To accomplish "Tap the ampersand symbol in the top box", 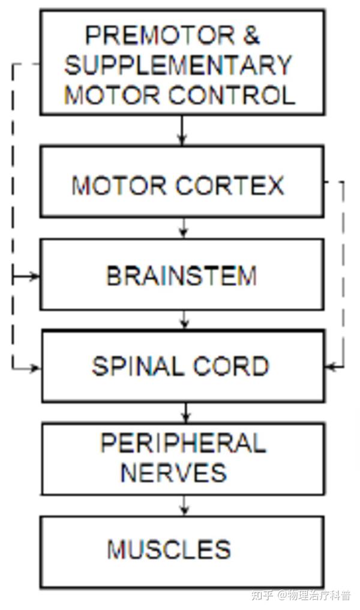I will [253, 36].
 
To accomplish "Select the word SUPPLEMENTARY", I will [178, 65].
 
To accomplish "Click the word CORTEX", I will [230, 186].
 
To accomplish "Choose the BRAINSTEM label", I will [181, 276].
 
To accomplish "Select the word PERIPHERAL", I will [182, 444].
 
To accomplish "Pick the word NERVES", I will [174, 473].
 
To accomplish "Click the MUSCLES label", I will [169, 549].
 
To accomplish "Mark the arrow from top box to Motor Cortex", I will [183, 130].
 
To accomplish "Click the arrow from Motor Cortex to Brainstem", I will [184, 227].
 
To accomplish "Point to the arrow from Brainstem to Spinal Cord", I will [184, 319].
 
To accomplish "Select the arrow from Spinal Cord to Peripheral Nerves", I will [185, 412].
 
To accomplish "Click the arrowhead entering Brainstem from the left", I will [35, 276].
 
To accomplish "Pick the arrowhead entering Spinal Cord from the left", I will [35, 367].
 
